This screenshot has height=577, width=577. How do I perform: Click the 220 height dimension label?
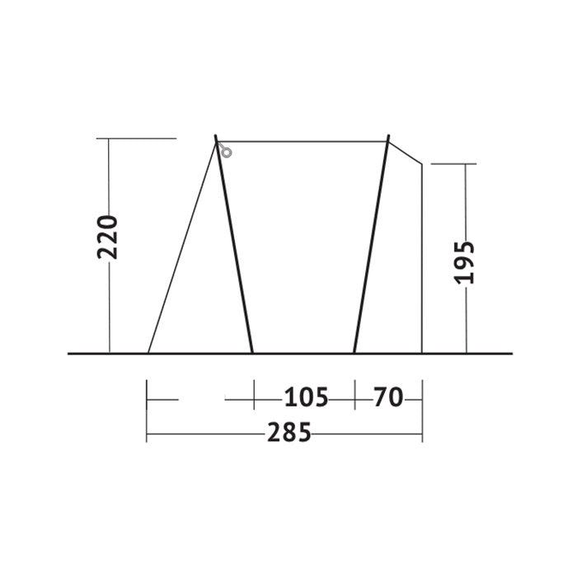click(107, 237)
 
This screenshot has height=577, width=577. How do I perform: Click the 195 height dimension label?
click(464, 263)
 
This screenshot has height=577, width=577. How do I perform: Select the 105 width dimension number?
click(306, 397)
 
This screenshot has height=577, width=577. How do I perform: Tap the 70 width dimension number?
click(388, 397)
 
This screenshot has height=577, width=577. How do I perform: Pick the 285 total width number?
click(289, 433)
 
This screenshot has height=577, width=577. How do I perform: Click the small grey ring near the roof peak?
click(227, 152)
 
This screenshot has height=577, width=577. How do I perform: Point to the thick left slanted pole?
click(233, 244)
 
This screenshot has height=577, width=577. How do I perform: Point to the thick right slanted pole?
click(371, 244)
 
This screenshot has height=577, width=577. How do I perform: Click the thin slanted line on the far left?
click(182, 247)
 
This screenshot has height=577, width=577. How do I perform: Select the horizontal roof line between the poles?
click(303, 141)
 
